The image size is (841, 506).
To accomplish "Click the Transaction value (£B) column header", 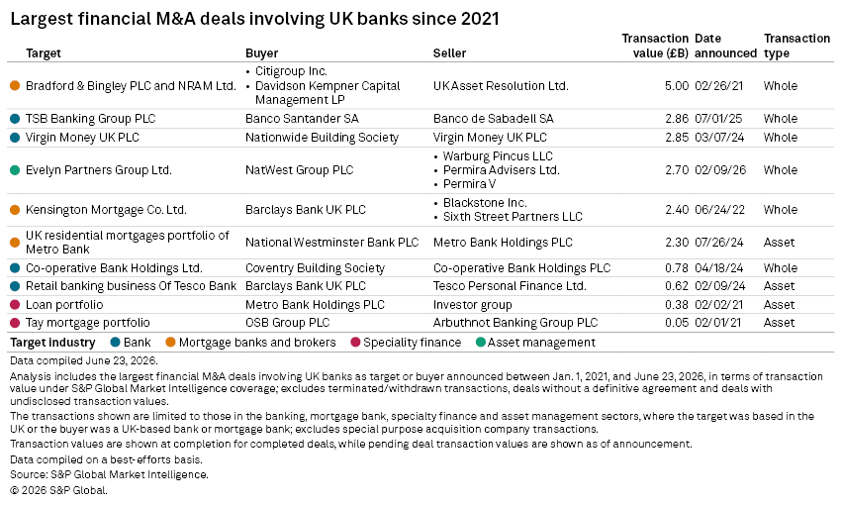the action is (x=655, y=46).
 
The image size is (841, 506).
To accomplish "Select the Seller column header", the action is (x=449, y=53).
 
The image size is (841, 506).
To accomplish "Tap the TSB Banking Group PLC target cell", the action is (x=91, y=119).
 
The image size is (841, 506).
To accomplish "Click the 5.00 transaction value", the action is (x=677, y=86).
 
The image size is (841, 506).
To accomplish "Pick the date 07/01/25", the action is (x=719, y=119).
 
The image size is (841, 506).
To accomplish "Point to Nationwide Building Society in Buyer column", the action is (x=322, y=138).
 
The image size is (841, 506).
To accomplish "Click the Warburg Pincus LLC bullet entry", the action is (x=498, y=156).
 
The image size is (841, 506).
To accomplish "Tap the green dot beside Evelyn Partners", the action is (x=15, y=170).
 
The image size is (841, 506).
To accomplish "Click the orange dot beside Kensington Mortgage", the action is (x=15, y=210).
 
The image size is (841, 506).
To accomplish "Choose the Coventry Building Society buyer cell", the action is (x=315, y=268).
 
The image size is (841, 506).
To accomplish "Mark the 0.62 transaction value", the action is (x=677, y=286).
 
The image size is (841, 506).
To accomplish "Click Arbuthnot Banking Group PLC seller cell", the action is (x=515, y=323).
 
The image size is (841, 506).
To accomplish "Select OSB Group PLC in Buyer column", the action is (x=288, y=323).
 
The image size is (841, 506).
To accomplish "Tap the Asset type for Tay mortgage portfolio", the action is (x=779, y=323).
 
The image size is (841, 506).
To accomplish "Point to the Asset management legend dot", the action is (x=481, y=342).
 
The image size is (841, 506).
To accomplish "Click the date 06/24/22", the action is (x=719, y=210).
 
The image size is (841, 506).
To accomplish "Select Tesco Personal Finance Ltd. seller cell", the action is (x=510, y=286).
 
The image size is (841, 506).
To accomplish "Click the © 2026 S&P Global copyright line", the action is (x=58, y=490).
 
